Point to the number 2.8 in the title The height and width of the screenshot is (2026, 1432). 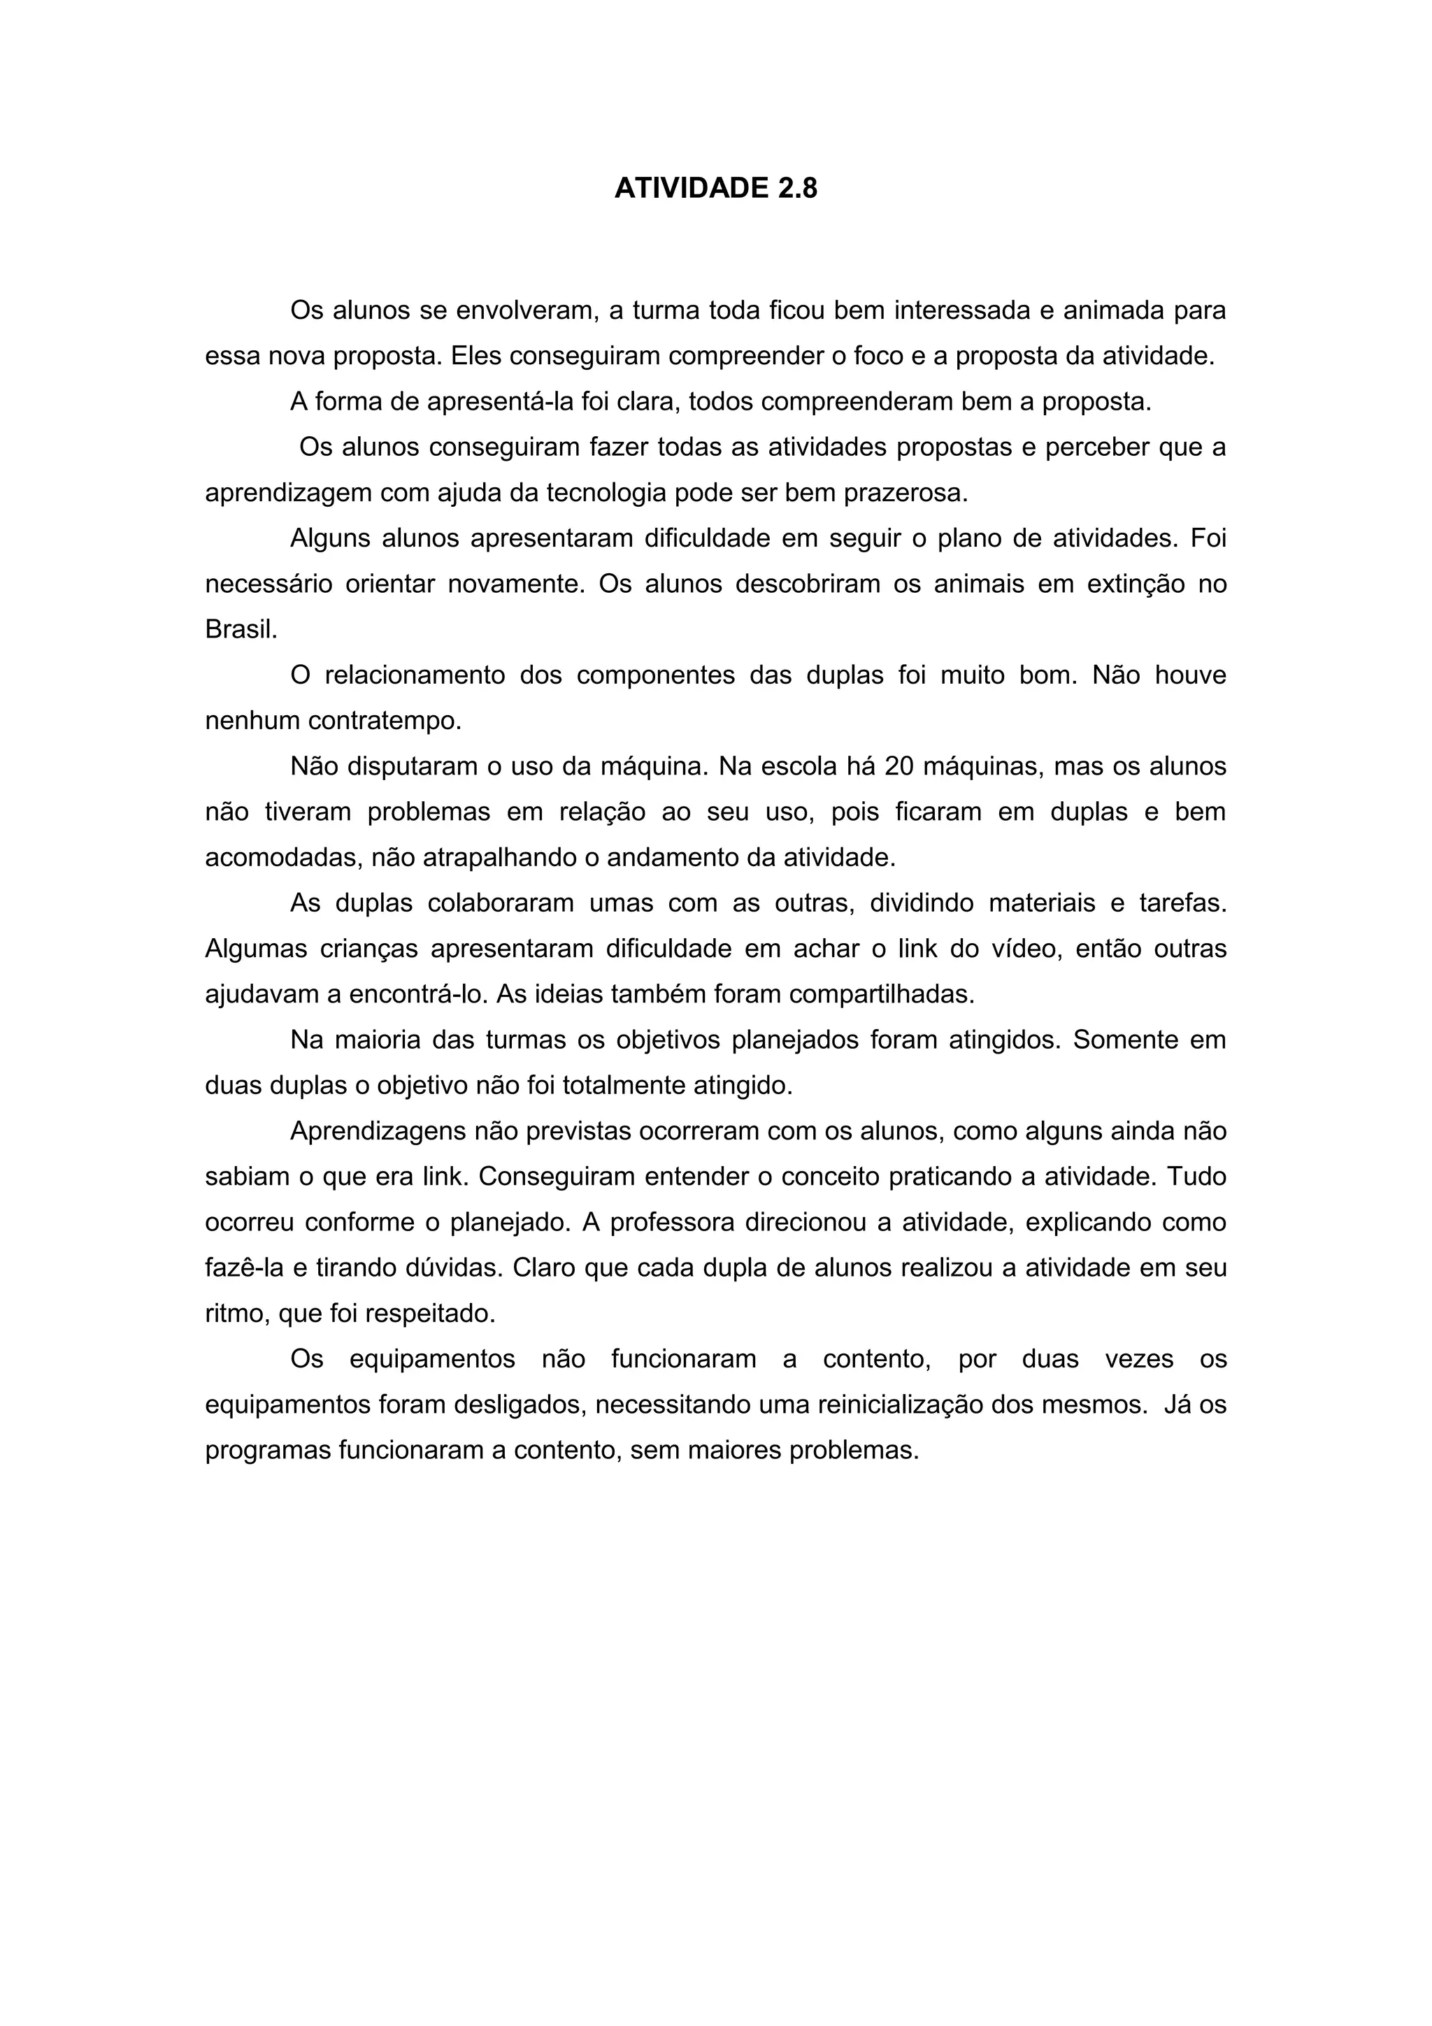coord(796,188)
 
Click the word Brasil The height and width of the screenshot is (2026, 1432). coord(241,629)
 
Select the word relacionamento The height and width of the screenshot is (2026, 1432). coord(415,675)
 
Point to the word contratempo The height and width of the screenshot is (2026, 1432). coord(385,721)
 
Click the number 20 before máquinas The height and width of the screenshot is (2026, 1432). coord(898,766)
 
